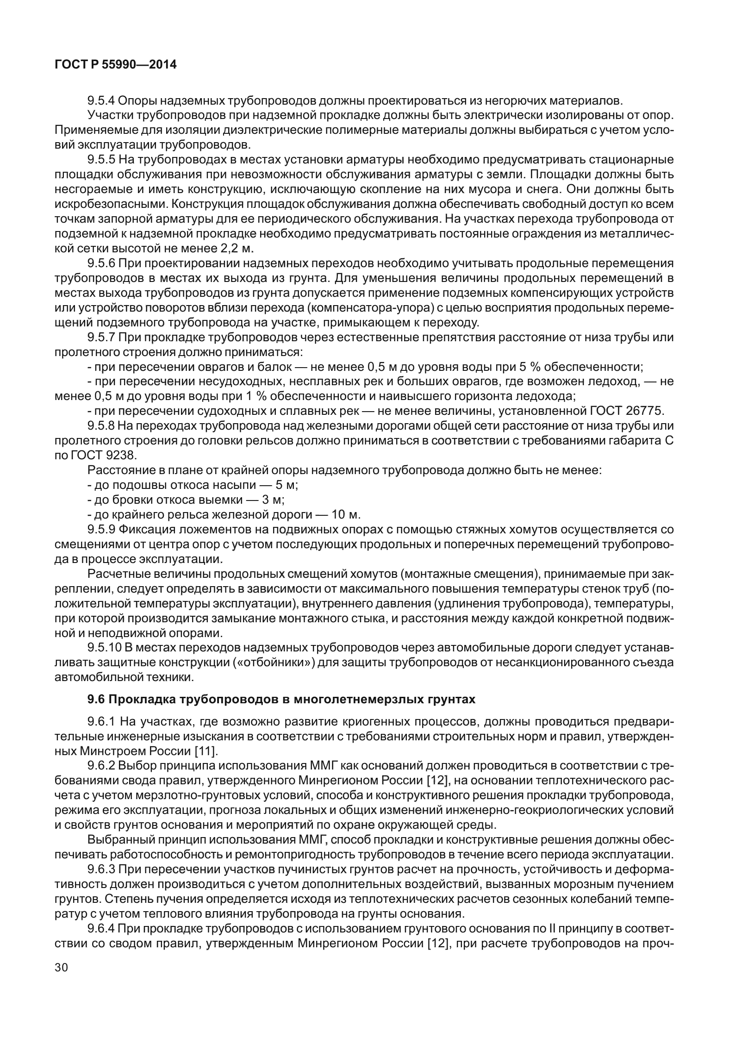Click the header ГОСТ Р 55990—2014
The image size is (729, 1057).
(x=116, y=65)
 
